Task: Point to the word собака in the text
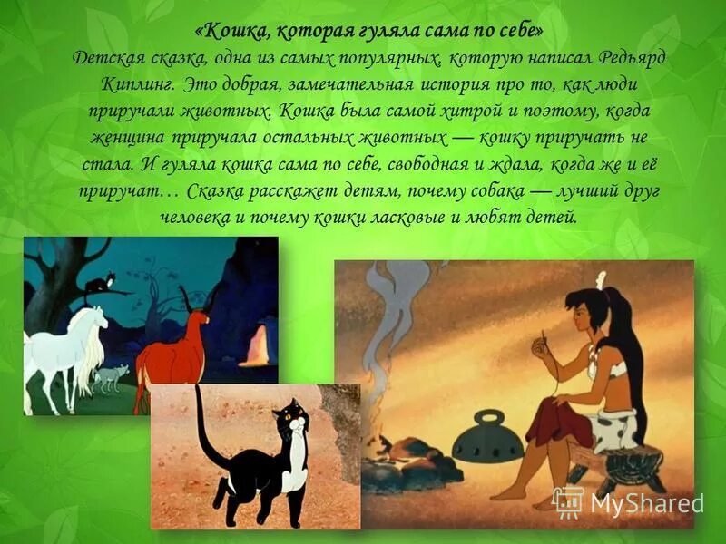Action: click(x=490, y=192)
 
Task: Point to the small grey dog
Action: click(x=110, y=376)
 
